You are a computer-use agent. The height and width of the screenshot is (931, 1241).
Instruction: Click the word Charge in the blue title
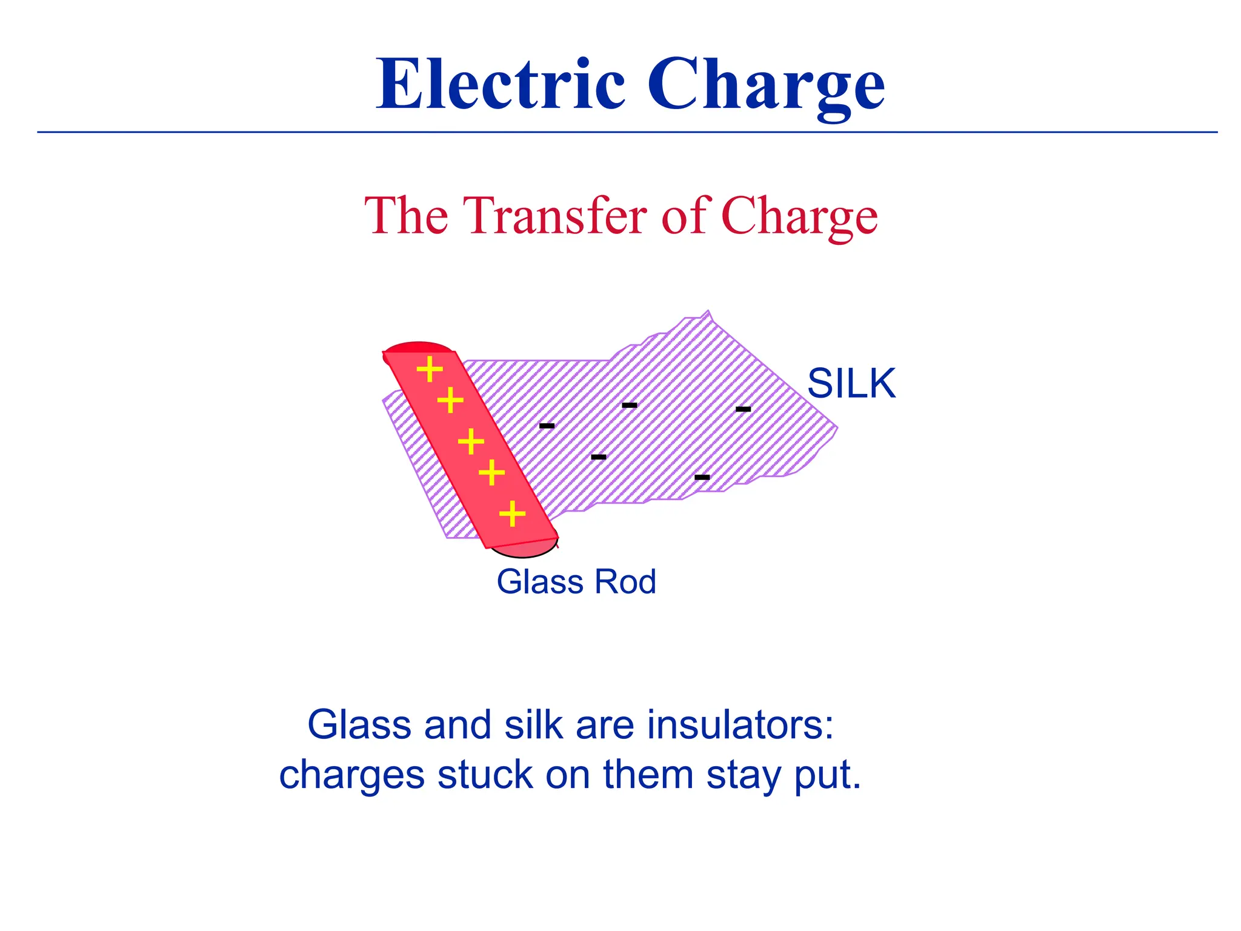pyautogui.click(x=766, y=85)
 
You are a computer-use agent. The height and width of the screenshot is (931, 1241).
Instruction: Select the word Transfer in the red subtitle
pyautogui.click(x=555, y=216)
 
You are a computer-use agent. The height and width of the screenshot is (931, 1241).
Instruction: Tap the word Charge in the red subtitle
pyautogui.click(x=799, y=217)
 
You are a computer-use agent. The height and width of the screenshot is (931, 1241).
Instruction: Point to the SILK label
pyautogui.click(x=851, y=384)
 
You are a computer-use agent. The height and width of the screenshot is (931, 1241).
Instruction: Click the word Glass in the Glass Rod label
pyautogui.click(x=539, y=582)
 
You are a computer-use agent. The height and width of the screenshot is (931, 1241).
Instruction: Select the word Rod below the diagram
pyautogui.click(x=625, y=582)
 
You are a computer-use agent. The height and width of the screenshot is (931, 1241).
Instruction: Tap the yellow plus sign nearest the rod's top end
pyautogui.click(x=430, y=369)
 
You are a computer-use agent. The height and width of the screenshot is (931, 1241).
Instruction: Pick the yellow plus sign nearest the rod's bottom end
pyautogui.click(x=513, y=514)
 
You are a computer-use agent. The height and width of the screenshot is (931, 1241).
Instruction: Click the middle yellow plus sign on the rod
pyautogui.click(x=471, y=441)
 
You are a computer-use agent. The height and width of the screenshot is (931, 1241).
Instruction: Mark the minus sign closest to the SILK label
pyautogui.click(x=744, y=410)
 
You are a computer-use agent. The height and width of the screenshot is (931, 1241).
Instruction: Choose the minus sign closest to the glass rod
pyautogui.click(x=547, y=426)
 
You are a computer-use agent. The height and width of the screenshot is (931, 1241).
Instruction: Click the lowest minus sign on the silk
pyautogui.click(x=702, y=478)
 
